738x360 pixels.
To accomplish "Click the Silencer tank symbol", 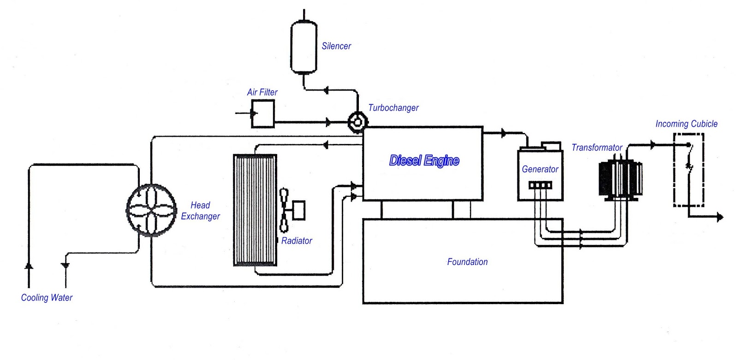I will click(304, 46).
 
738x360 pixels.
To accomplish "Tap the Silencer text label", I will click(336, 46).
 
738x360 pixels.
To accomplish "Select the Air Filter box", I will click(263, 114).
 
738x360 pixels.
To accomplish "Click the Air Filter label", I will click(262, 92).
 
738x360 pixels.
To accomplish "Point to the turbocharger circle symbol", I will click(357, 122).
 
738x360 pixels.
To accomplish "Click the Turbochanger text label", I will click(393, 108).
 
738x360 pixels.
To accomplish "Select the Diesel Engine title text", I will click(424, 161).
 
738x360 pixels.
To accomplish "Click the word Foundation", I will click(467, 262).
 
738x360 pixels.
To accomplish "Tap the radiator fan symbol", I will click(284, 210).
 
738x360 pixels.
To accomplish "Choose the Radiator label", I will click(297, 241).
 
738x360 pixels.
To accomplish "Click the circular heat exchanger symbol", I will click(151, 210).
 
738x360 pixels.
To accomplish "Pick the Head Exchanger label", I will click(200, 211).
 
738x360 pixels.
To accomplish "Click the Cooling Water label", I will click(47, 298).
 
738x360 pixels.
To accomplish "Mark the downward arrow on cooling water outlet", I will click(65, 265).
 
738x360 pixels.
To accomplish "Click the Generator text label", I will click(540, 169).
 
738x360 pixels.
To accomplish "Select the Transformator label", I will click(597, 148).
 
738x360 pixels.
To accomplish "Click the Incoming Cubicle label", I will click(686, 124).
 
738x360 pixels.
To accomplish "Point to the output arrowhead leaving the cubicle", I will click(720, 217).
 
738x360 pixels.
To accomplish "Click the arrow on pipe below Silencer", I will click(326, 90).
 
